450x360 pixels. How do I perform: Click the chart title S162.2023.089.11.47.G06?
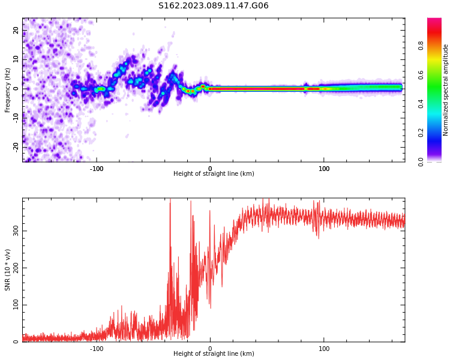click(x=213, y=6)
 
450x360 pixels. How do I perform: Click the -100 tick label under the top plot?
click(x=97, y=168)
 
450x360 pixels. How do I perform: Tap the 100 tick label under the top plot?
click(x=324, y=168)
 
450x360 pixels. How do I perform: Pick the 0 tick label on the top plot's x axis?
click(x=210, y=168)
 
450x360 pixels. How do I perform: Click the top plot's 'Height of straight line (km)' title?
click(x=214, y=174)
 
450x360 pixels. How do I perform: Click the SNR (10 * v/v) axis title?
click(x=8, y=270)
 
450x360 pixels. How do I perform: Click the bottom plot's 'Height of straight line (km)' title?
click(x=214, y=354)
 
